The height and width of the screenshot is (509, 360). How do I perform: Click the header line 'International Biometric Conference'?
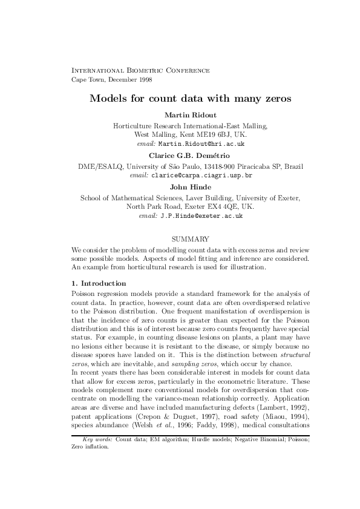[140, 71]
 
